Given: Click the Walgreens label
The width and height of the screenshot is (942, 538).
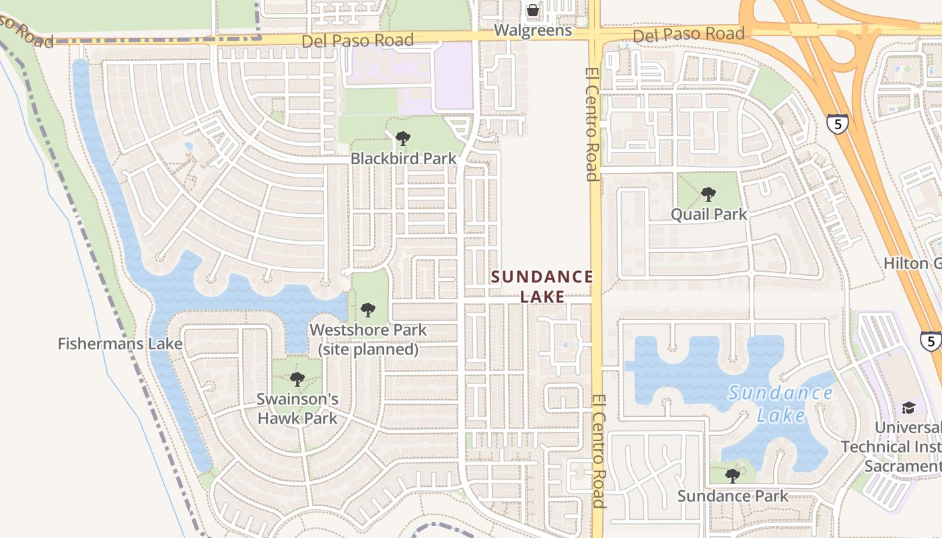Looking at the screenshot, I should [533, 30].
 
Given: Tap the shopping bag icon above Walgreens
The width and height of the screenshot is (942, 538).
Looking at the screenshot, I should [533, 10].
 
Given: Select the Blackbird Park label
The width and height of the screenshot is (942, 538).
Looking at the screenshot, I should [403, 159].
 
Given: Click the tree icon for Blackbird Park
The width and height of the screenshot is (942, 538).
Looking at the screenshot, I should [403, 139].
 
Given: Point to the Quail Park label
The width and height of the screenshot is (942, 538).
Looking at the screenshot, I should [709, 215].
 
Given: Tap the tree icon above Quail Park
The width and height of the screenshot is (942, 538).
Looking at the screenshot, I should [708, 194].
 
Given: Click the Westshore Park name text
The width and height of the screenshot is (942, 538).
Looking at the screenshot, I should [368, 330].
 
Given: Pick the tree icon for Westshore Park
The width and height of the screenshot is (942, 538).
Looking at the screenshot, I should [367, 310].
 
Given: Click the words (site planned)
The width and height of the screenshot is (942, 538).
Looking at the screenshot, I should [368, 350].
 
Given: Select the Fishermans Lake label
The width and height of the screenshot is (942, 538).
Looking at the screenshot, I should [120, 344].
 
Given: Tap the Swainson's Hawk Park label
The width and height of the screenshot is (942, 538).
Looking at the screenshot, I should [297, 408].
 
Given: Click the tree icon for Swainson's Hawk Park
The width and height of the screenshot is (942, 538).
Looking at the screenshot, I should [297, 380].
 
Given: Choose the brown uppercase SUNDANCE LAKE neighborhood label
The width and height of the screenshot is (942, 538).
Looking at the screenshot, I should [542, 286].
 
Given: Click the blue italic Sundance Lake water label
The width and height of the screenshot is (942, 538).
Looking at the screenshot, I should [781, 403].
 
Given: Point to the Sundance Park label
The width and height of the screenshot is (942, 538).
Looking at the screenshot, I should [732, 496].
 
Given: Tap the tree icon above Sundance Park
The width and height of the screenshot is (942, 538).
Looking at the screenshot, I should [733, 476].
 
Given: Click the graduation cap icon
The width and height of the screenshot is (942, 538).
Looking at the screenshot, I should [908, 408].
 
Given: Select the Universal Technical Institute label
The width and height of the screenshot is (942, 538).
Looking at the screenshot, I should [892, 447].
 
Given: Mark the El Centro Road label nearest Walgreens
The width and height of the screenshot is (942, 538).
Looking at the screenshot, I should [591, 124].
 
